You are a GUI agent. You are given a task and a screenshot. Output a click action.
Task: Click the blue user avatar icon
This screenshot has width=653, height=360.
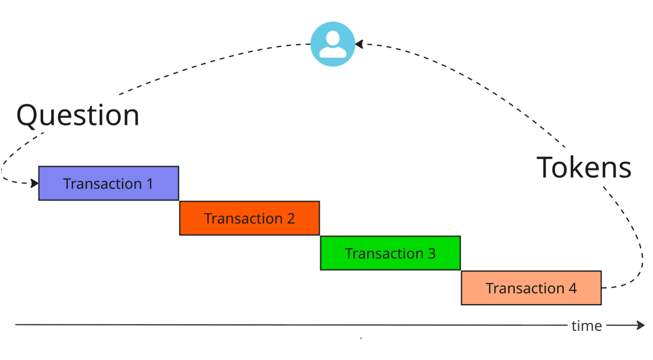[x=333, y=44]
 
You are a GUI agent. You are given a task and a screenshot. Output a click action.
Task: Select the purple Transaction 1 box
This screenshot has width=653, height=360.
[x=108, y=183]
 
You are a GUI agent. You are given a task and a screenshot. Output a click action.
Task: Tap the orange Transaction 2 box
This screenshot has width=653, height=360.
[x=249, y=218]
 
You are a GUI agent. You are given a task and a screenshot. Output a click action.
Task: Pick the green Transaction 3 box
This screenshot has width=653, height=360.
[x=390, y=253]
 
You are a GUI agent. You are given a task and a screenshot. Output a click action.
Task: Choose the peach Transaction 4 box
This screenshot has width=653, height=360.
[x=531, y=288]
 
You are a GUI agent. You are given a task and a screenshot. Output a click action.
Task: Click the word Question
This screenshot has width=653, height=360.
[x=78, y=115]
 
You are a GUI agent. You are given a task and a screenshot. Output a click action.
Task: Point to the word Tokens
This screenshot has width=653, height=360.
[x=584, y=167]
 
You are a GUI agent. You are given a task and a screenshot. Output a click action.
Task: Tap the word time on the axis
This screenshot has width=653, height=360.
[x=586, y=326]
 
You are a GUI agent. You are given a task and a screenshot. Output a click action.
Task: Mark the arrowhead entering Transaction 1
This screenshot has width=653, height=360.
[x=35, y=183]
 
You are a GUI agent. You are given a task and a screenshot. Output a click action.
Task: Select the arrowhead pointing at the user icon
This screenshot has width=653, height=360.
[x=359, y=44]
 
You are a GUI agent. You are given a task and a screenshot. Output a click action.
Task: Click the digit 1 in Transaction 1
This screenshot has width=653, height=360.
[x=150, y=184]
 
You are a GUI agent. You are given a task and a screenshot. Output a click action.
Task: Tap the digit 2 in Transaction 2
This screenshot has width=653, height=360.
[x=291, y=219]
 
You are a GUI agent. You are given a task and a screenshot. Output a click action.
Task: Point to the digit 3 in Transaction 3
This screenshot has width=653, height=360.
[x=432, y=254]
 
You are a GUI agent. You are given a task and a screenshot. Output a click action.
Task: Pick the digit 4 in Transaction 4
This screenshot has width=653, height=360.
[x=572, y=288]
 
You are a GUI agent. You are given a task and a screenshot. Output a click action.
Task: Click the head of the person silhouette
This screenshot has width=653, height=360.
[x=333, y=38]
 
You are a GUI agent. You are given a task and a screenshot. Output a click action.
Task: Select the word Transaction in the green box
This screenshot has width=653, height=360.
[x=384, y=254]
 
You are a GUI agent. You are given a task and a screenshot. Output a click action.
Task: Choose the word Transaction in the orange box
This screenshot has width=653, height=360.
[x=243, y=219]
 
